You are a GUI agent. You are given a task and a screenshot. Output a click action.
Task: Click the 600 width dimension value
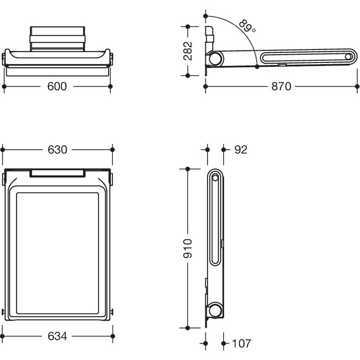coord(57,86)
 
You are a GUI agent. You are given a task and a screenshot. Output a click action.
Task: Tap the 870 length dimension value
coord(281,86)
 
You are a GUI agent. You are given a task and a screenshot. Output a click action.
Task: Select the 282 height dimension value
coord(188,51)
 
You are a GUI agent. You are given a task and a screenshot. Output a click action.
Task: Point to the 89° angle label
coord(247,26)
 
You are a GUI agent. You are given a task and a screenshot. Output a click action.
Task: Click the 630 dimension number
coord(58,150)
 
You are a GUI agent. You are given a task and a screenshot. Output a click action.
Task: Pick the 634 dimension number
coord(58,336)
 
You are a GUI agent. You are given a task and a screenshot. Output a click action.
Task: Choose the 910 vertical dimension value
coord(188,248)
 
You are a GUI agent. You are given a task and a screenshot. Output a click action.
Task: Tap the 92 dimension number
coord(241,150)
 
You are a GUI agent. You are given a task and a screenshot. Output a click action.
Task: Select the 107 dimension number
coord(242,343)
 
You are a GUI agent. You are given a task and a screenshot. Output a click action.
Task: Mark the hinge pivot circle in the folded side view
coord(216,310)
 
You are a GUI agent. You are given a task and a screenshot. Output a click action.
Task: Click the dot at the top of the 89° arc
coord(206,16)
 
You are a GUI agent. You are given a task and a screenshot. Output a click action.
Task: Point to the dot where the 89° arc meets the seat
coord(257,67)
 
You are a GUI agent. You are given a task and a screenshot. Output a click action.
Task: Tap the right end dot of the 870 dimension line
coord(357,86)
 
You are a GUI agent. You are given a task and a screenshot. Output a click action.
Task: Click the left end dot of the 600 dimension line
coord(4,86)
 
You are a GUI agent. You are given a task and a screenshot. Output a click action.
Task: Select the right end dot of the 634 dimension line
coord(112,336)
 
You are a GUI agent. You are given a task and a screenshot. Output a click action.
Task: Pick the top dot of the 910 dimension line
coord(188,169)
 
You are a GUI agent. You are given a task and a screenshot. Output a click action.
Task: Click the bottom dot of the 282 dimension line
coord(188,75)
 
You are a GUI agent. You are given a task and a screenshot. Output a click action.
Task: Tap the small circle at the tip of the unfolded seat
coord(348,57)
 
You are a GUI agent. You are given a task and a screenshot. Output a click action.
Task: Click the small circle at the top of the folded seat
coord(215,177)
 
